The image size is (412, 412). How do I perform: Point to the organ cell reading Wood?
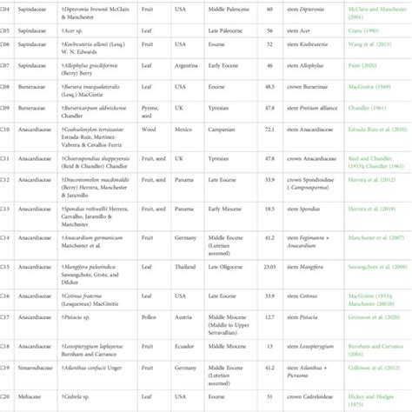[x=151, y=131]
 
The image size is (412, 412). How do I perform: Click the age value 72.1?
[x=269, y=131]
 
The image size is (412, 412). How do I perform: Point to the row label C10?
[x=5, y=131]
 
